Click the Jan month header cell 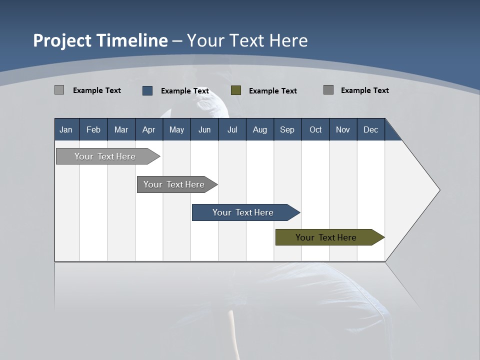coord(66,129)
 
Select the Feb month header coord(93,129)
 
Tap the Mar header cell coord(121,129)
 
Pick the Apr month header coord(149,129)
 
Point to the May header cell coord(176,129)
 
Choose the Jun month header coord(204,129)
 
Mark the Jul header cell coord(232,129)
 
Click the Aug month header coord(260,129)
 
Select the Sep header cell coord(287,129)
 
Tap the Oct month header coord(315,129)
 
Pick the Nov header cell coord(343,129)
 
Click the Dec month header coord(371,129)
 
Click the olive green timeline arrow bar coord(326,237)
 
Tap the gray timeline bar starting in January coord(105,156)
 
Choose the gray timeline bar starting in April coord(174,184)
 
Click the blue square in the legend coord(147,90)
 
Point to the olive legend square coord(236,90)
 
